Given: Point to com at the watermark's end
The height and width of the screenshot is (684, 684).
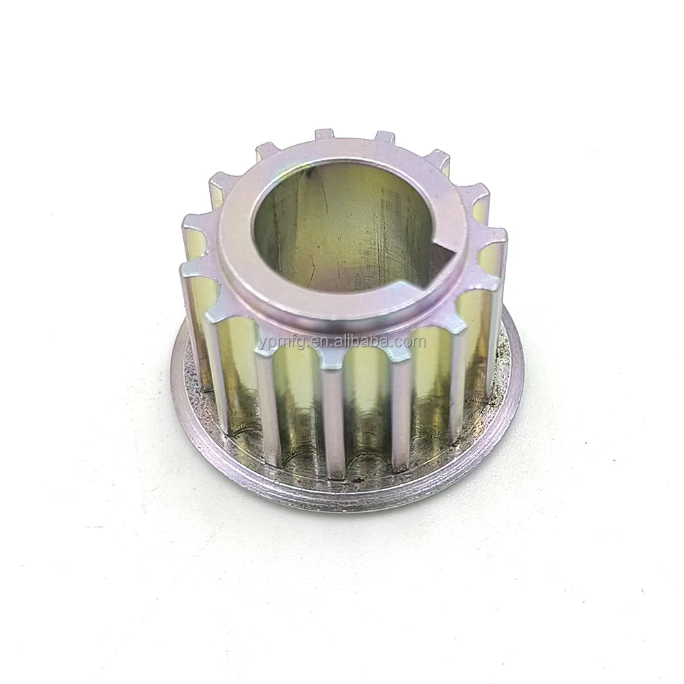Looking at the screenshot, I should tap(404, 340).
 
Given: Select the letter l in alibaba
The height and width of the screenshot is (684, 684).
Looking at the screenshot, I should tap(345, 339).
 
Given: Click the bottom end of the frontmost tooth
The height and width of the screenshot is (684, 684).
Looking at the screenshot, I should tap(334, 472).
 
